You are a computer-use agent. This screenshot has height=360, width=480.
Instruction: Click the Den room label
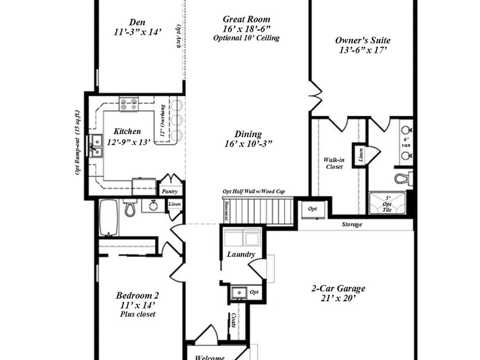coord(137,23)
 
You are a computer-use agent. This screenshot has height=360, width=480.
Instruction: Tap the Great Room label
coord(246,20)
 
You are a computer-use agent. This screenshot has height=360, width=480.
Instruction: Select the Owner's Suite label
coord(363,40)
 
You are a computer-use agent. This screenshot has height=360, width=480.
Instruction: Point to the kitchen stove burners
coord(129,104)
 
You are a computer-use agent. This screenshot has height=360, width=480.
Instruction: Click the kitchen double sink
coord(96,146)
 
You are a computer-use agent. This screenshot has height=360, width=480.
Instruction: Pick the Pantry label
coord(169,192)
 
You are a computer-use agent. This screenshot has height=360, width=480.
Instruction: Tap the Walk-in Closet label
coord(334,163)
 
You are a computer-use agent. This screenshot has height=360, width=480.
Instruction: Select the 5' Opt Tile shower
coord(387,203)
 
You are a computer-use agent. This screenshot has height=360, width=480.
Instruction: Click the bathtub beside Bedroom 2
coord(108,218)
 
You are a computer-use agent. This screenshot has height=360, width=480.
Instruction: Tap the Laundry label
coord(241,254)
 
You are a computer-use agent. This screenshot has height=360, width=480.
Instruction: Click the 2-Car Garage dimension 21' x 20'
coord(338,298)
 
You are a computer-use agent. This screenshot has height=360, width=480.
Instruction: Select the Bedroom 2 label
coord(137,295)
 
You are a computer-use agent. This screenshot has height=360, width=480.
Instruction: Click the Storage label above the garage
coord(352,224)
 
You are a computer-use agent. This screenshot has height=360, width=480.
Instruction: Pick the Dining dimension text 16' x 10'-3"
coord(248,144)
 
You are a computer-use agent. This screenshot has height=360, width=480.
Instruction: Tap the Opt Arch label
coord(179,36)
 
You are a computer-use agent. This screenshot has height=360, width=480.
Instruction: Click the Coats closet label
coord(234,320)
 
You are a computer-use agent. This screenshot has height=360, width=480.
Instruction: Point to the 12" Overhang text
coord(163,120)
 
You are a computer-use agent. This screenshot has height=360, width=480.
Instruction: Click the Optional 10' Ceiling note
coord(246,38)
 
